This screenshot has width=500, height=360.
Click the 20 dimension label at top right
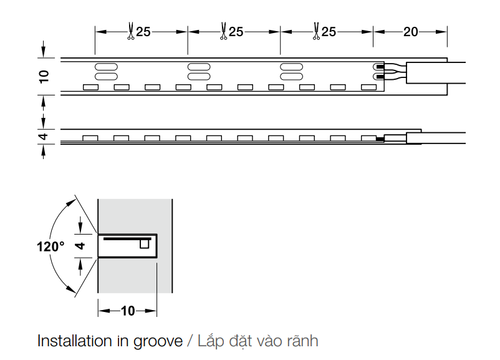click(x=410, y=32)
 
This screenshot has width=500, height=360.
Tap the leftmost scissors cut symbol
click(x=131, y=31)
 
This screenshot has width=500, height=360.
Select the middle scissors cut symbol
click(x=224, y=31)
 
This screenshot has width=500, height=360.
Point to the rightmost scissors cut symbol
click(x=316, y=31)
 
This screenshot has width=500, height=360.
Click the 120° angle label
click(x=50, y=246)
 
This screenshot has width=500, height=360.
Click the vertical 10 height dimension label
click(x=44, y=77)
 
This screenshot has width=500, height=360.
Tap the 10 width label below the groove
click(x=128, y=311)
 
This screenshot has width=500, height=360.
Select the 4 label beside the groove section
click(x=80, y=245)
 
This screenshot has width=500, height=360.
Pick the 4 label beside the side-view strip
click(x=44, y=137)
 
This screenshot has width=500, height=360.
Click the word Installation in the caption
click(x=75, y=341)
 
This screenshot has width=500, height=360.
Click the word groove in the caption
click(x=158, y=341)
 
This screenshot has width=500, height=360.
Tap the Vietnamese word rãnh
click(x=302, y=341)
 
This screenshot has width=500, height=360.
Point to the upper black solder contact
click(x=380, y=67)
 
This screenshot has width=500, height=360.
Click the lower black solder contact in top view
click(x=380, y=77)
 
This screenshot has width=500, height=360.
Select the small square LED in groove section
click(x=145, y=244)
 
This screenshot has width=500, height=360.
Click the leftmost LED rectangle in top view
click(x=90, y=87)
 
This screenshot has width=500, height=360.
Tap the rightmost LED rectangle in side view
click(x=368, y=138)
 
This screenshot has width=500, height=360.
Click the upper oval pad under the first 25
click(x=106, y=67)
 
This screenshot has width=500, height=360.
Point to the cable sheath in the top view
click(x=436, y=73)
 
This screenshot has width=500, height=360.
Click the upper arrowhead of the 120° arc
click(x=72, y=203)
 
